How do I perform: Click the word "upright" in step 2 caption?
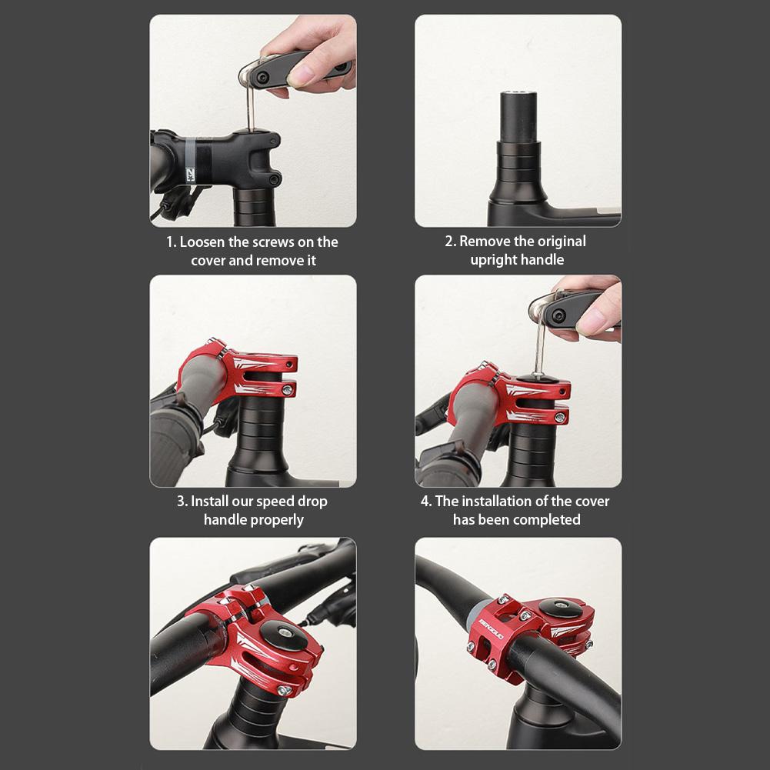(494, 260)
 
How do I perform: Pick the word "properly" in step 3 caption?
(278, 520)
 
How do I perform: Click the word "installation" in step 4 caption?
(502, 502)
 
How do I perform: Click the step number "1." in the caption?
(172, 242)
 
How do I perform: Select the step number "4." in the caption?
(426, 502)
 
